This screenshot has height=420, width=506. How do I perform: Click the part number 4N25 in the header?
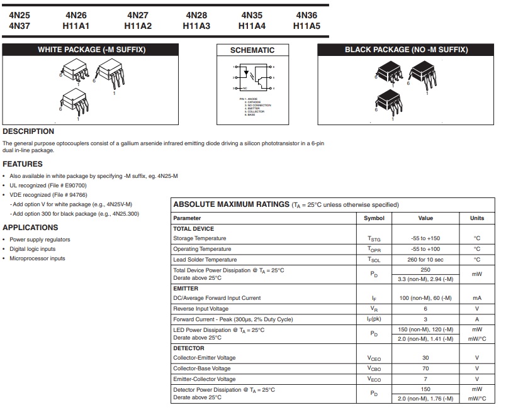pos(20,14)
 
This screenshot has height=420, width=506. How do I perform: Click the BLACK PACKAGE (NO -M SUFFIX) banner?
pos(406,50)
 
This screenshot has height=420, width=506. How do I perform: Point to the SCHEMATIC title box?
pos(252,50)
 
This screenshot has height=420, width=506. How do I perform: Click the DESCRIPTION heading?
pos(28,131)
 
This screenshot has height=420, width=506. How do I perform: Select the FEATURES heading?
pos(23,164)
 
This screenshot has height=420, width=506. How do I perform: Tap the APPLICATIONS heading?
pos(30,228)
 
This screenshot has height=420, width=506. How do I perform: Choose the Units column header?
pos(476,218)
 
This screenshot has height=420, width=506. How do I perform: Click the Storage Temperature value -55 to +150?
pos(425,238)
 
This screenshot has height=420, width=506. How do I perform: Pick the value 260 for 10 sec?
pos(425,260)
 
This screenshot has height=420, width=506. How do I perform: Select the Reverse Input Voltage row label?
pos(201,309)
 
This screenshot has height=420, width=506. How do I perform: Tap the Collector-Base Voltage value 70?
pos(425,368)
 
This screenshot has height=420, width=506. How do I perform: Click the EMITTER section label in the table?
pos(186,288)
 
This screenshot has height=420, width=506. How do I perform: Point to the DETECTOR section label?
pos(189,348)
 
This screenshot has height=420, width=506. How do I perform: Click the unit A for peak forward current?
pos(476,319)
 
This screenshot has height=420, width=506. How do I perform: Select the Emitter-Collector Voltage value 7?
pos(425,379)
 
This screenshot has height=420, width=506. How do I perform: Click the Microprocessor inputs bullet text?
pos(37,258)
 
